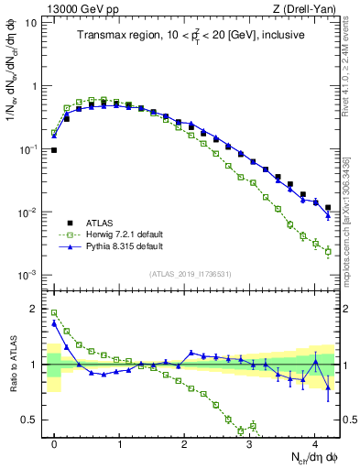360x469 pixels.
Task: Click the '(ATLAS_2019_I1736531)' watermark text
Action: (191, 274)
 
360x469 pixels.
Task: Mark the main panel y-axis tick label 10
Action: (30, 21)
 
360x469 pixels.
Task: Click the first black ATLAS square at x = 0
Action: (54, 150)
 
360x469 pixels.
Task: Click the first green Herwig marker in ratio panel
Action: (54, 312)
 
